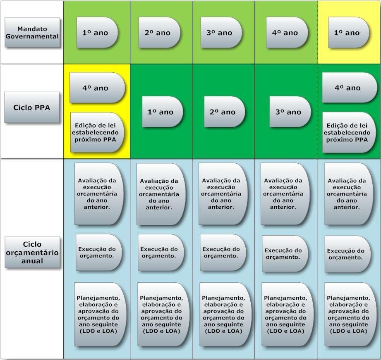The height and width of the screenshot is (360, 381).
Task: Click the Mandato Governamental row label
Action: pyautogui.click(x=32, y=33)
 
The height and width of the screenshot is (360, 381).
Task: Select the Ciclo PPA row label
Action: pyautogui.click(x=32, y=107)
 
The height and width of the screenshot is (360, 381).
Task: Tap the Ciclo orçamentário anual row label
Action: pyautogui.click(x=32, y=253)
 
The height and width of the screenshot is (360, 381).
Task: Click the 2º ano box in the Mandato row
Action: pyautogui.click(x=159, y=33)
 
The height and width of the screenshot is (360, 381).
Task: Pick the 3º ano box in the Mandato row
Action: pyautogui.click(x=221, y=33)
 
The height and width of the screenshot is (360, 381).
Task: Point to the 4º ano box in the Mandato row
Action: pyautogui.click(x=286, y=33)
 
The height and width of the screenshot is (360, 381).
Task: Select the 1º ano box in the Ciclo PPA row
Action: pyautogui.click(x=162, y=112)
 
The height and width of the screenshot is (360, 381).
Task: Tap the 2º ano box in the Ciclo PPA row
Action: pyautogui.click(x=224, y=112)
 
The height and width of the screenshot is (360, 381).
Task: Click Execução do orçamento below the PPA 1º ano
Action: pyautogui.click(x=160, y=253)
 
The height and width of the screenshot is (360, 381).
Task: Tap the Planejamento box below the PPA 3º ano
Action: pyautogui.click(x=285, y=315)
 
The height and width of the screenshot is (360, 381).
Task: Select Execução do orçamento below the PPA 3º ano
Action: pyautogui.click(x=284, y=254)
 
